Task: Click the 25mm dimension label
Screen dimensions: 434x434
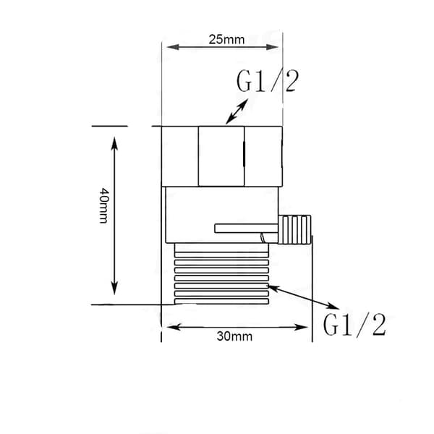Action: pyautogui.click(x=226, y=40)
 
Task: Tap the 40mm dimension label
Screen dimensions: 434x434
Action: pyautogui.click(x=104, y=205)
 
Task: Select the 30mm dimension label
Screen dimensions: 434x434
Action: pyautogui.click(x=234, y=336)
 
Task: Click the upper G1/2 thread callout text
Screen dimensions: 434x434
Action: pyautogui.click(x=268, y=81)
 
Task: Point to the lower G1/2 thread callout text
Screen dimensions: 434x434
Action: pyautogui.click(x=354, y=325)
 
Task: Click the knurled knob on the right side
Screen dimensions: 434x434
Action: pyautogui.click(x=294, y=229)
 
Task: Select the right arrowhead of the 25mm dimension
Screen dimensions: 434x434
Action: pyautogui.click(x=272, y=47)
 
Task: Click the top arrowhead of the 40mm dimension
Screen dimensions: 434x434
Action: pyautogui.click(x=114, y=143)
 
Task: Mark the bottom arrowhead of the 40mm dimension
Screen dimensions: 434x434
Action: pyautogui.click(x=114, y=288)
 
